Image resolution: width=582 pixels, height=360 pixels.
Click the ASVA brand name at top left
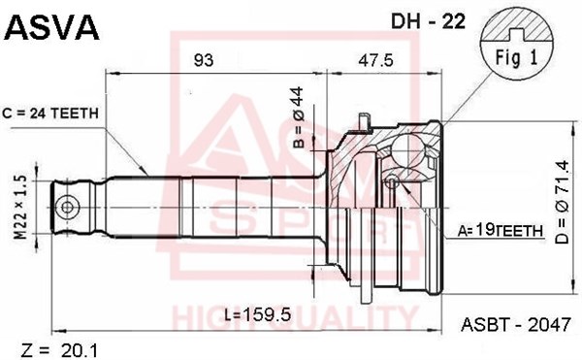point(51,27)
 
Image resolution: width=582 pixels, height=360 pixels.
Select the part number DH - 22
point(428,21)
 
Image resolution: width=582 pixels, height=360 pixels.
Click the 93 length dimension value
point(204,60)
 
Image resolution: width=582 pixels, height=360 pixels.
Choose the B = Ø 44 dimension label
point(299,117)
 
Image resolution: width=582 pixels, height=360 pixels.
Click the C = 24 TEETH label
point(50,114)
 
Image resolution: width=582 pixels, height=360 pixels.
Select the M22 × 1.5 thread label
point(21,208)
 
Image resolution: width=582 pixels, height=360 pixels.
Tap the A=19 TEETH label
point(500,231)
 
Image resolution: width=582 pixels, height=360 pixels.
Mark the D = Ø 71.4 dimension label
point(562,202)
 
